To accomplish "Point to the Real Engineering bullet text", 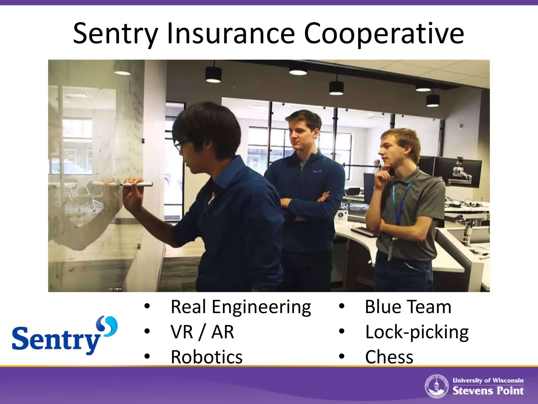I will tap(241, 307).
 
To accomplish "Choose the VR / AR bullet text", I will tap(202, 332).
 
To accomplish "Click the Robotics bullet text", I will tap(206, 357).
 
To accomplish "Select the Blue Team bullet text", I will tap(408, 307).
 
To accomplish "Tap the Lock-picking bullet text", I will tap(417, 332).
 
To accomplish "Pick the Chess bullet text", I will tap(389, 357).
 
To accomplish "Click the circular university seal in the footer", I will tap(437, 386).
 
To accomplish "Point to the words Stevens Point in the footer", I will tap(488, 391).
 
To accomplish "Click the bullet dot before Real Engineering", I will tap(147, 306).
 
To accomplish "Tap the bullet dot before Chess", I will tap(342, 356).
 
